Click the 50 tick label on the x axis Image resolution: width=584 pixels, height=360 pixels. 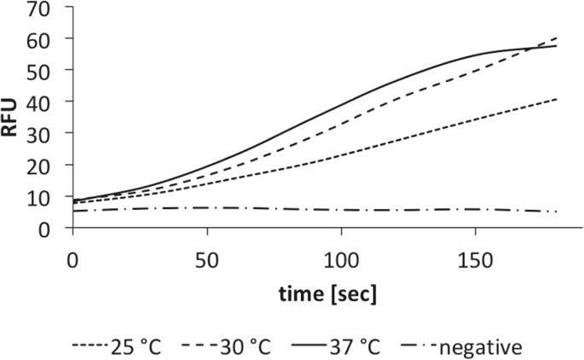pyautogui.click(x=206, y=256)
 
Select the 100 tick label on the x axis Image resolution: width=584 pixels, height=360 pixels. pyautogui.click(x=341, y=256)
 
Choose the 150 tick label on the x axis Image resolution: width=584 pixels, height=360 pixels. pyautogui.click(x=475, y=256)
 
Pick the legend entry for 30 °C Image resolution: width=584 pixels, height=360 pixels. pyautogui.click(x=240, y=347)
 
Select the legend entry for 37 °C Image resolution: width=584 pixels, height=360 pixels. pyautogui.click(x=348, y=347)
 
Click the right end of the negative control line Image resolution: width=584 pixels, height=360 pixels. pyautogui.click(x=557, y=212)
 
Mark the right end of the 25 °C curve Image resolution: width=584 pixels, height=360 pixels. pyautogui.click(x=557, y=99)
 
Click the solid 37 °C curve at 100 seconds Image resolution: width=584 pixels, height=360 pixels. pyautogui.click(x=341, y=104)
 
